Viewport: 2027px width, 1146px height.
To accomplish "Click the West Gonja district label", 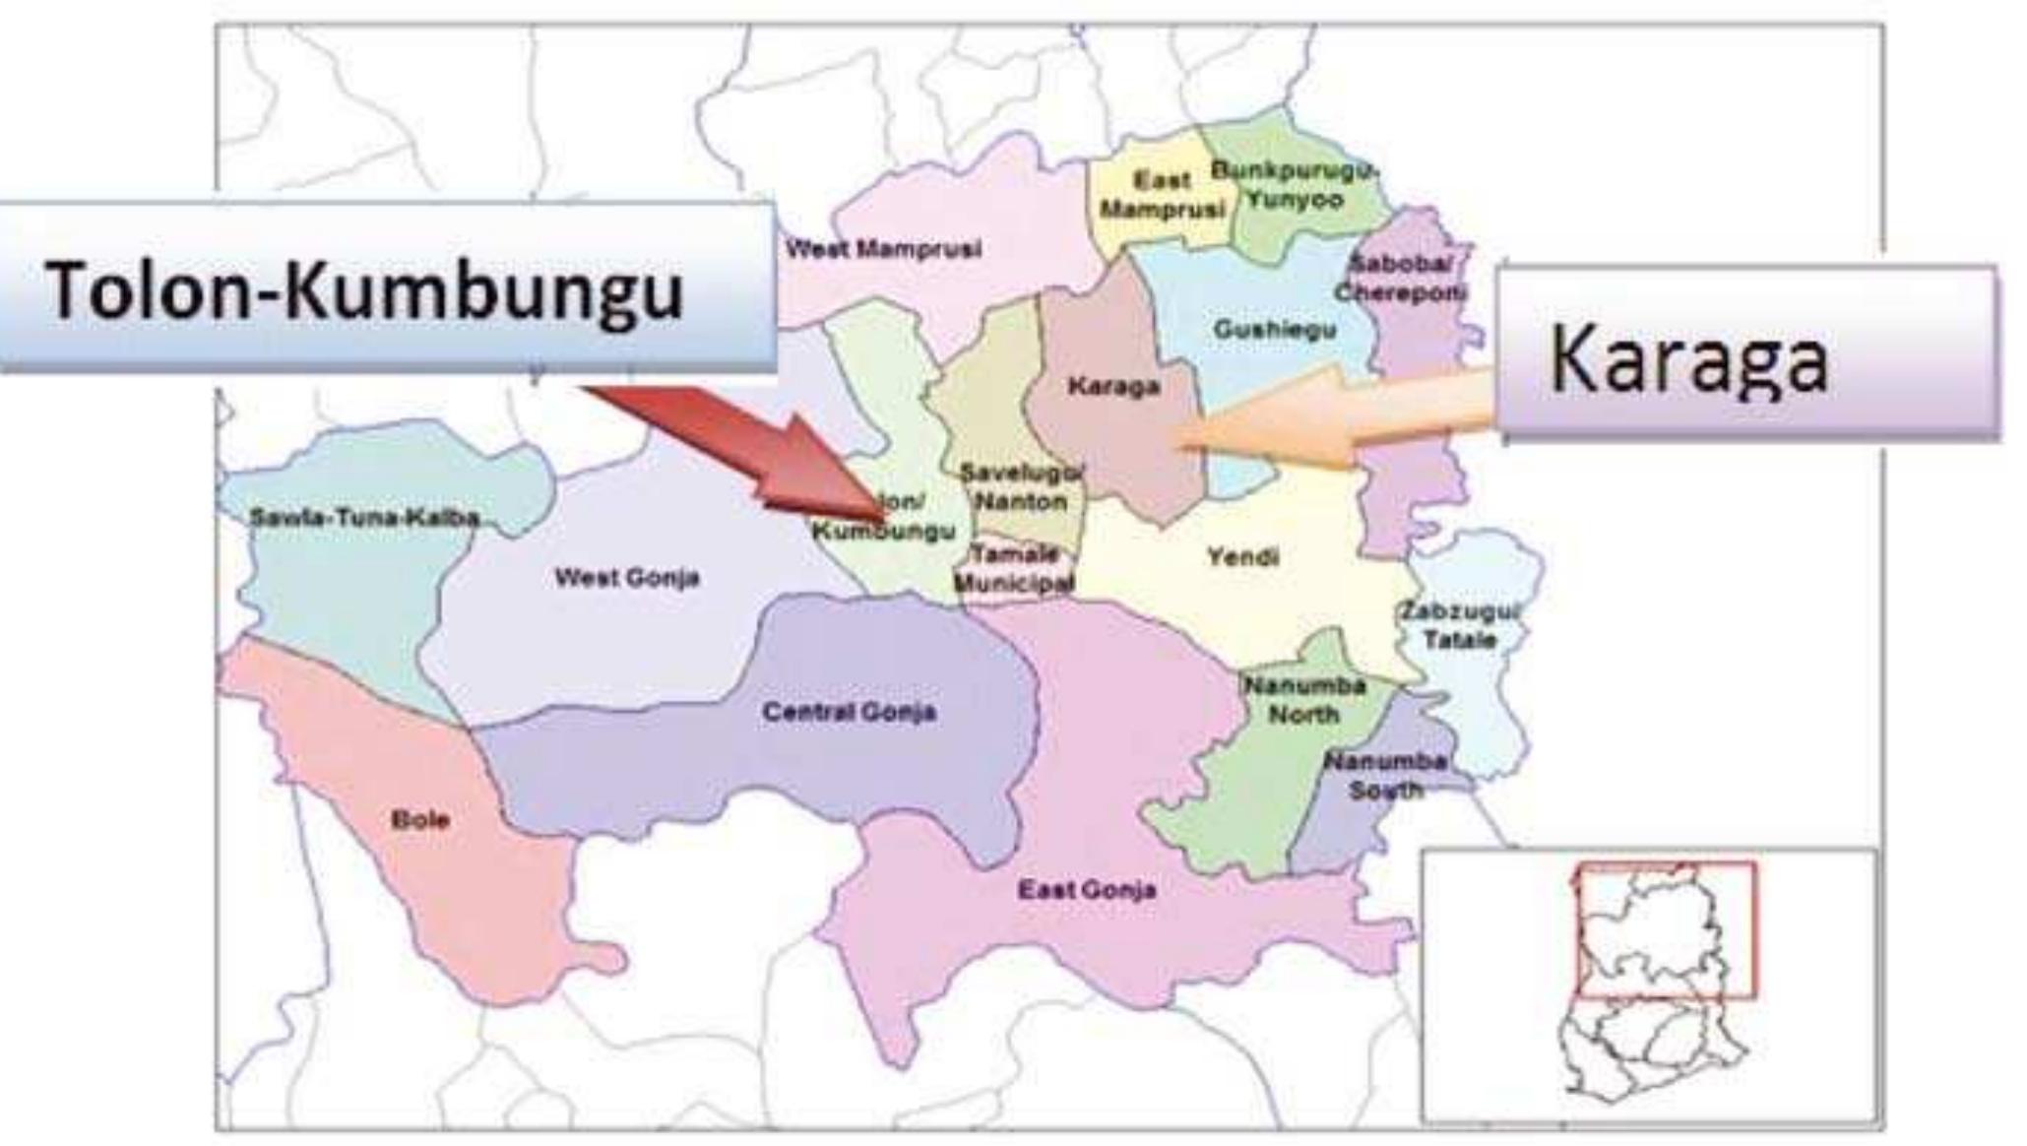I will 627,577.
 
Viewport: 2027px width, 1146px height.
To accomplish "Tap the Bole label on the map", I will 420,819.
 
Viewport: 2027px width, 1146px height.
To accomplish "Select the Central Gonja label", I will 849,712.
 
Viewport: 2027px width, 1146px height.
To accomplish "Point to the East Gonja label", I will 1087,890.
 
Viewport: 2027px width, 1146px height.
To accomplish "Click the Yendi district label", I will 1243,557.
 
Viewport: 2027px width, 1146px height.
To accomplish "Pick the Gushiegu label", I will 1275,329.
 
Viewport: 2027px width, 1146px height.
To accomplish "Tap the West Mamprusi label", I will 883,249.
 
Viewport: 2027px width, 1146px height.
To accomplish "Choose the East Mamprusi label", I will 1163,195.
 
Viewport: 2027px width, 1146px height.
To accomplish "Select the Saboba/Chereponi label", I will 1401,278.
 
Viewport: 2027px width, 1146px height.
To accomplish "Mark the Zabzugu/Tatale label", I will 1460,625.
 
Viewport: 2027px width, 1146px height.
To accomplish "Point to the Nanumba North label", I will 1304,699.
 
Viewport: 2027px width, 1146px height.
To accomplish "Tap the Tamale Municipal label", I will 1014,568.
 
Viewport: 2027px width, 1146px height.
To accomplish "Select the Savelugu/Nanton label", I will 1022,486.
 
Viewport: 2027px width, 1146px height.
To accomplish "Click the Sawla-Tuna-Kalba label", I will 364,517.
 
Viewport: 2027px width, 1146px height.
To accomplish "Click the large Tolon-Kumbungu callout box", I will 386,287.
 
